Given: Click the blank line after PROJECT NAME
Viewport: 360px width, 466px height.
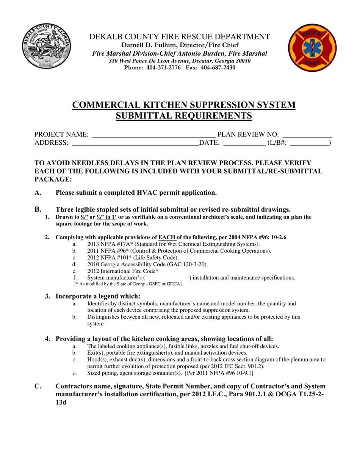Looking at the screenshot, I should pyautogui.click(x=153, y=135).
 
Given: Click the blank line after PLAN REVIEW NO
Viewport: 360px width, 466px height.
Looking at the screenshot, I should pyautogui.click(x=307, y=135).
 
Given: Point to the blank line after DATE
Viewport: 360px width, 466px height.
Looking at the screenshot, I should pyautogui.click(x=244, y=144).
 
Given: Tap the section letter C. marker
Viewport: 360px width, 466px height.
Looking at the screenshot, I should pyautogui.click(x=38, y=386).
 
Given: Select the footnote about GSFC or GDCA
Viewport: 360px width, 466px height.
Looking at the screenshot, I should pyautogui.click(x=128, y=284).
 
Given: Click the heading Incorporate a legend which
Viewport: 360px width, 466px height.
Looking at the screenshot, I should pyautogui.click(x=98, y=296).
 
